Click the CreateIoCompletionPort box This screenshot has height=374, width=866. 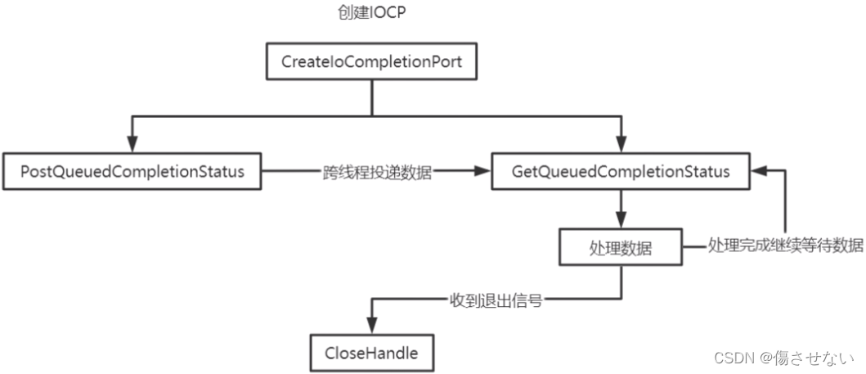tap(374, 62)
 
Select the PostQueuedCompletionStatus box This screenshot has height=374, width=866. tap(132, 173)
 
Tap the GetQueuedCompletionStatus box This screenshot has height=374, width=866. tap(621, 173)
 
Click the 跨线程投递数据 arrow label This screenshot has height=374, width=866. tap(375, 173)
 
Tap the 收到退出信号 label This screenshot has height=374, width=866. tap(496, 300)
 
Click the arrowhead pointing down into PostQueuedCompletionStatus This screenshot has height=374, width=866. tap(131, 144)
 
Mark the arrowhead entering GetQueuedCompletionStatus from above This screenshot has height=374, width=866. tap(621, 144)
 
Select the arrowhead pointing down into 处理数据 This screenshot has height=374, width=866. tap(621, 222)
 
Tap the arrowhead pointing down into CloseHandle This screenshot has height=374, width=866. tap(372, 325)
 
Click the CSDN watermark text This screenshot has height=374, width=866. tap(734, 358)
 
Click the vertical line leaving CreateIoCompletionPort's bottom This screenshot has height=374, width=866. tap(374, 97)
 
